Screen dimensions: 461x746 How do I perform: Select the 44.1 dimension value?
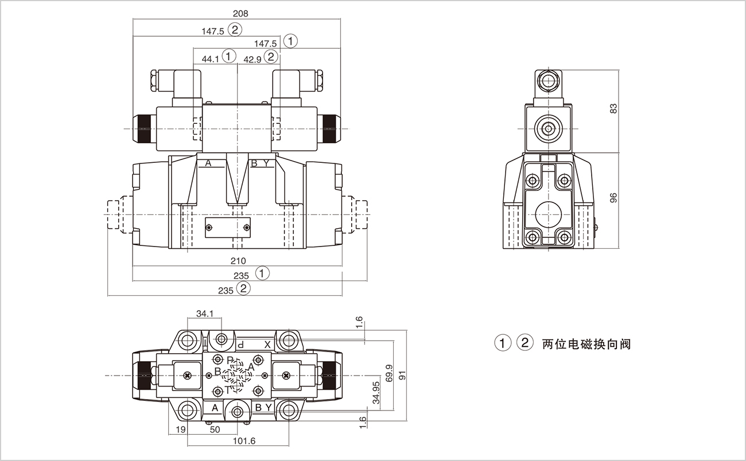point(210,58)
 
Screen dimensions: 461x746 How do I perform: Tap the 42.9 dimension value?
point(252,58)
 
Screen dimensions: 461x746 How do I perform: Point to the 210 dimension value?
point(238,261)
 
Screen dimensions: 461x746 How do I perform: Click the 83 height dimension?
point(613,108)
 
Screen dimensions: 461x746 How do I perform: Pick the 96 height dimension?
point(613,198)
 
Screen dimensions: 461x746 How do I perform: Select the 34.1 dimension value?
point(204,314)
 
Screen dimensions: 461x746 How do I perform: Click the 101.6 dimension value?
point(244,440)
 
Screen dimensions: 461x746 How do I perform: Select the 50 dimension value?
point(215,429)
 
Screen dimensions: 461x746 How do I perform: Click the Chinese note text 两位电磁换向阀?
point(586,344)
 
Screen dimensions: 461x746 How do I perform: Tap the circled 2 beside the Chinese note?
point(524,343)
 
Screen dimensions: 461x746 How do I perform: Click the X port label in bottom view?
point(267,345)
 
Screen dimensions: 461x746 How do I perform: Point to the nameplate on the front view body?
point(228,227)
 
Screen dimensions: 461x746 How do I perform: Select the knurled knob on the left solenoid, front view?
point(144,128)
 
